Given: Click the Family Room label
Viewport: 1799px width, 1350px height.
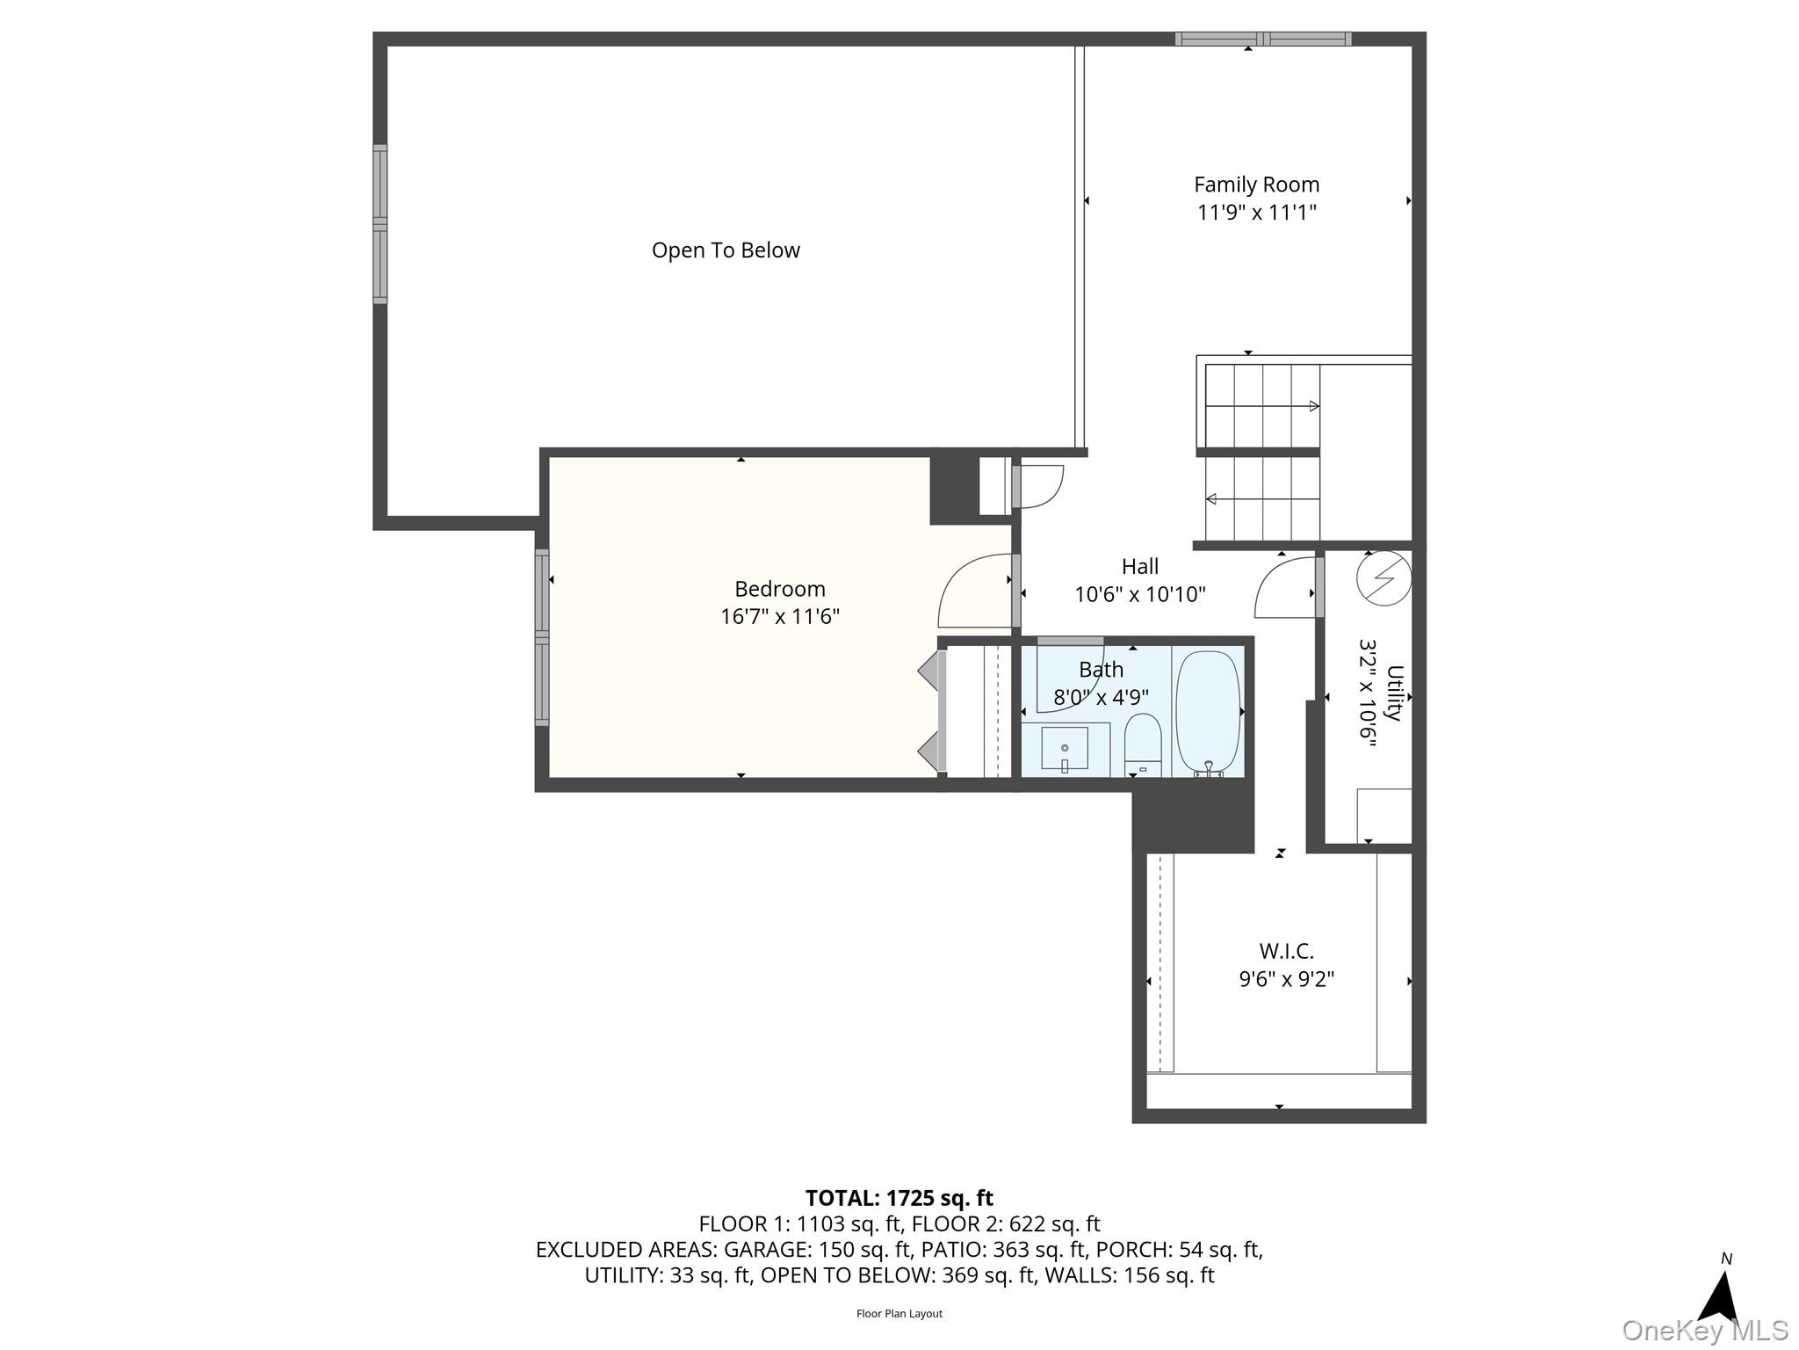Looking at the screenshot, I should tap(1256, 185).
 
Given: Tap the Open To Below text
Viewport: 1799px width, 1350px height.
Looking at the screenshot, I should tap(726, 250).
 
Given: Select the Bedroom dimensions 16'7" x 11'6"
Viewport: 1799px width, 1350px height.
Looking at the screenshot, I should tap(780, 617).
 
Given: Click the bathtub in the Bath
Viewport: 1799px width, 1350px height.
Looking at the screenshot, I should tap(1208, 712).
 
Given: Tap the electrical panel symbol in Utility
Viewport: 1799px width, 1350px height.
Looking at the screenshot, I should tap(1384, 579).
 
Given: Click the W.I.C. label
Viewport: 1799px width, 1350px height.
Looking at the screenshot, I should tap(1286, 951).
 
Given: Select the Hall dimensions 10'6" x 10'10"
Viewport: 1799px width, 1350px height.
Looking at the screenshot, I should tap(1139, 595).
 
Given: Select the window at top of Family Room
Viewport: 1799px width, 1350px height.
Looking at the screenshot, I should tap(1262, 39).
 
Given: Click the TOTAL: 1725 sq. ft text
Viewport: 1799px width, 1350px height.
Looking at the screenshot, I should tap(899, 1198).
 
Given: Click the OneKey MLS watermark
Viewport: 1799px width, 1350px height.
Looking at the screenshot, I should tap(1705, 1330).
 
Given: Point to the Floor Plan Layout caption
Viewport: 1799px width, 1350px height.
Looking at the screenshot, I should tap(899, 1314).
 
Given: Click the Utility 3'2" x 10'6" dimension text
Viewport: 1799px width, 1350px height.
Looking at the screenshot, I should tap(1367, 693).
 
